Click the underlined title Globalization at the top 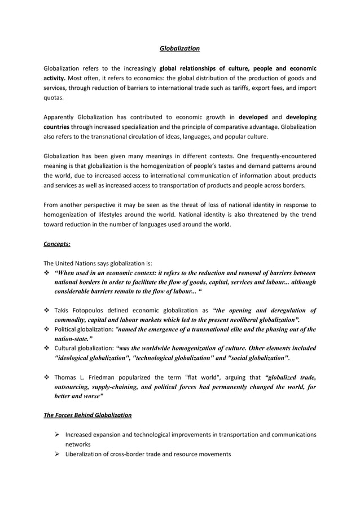(x=179, y=49)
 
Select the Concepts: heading (x=57, y=245)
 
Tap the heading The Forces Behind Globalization (x=87, y=415)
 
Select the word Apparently (x=60, y=117)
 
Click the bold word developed (x=253, y=117)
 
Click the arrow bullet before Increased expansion (x=56, y=434)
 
